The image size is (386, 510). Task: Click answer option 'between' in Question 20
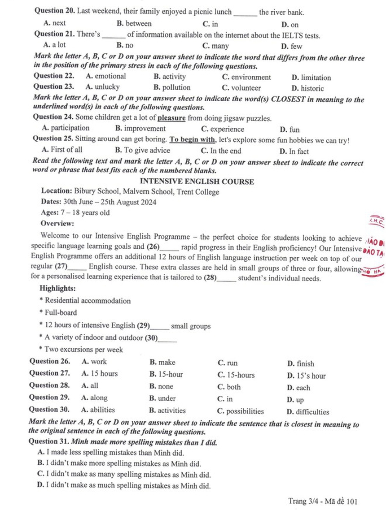pos(138,24)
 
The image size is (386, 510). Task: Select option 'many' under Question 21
pos(220,46)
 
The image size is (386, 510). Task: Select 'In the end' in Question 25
pos(226,151)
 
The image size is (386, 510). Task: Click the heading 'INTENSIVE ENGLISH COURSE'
pos(197,182)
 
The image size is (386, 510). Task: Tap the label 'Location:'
pos(57,192)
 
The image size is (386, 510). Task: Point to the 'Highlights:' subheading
pos(58,289)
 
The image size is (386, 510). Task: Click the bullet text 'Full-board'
pos(61,313)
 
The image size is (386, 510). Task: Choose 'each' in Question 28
pos(303,388)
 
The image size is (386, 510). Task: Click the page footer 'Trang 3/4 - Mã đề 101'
pos(323,501)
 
